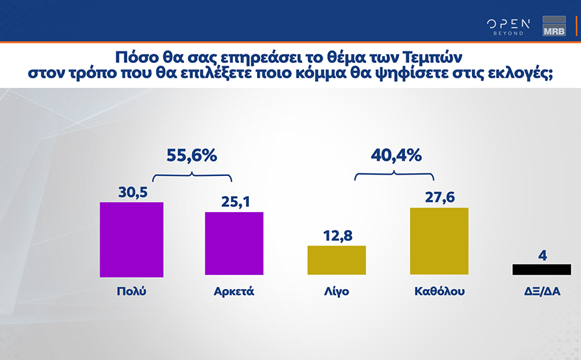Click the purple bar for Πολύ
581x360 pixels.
[x=131, y=239]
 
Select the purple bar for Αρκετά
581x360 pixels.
[x=234, y=243]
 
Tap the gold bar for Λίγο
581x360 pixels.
[x=336, y=260]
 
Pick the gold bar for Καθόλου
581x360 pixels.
[x=438, y=241]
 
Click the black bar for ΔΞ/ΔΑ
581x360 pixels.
[x=542, y=269]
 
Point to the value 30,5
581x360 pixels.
[x=131, y=192]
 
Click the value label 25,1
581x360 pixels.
[x=234, y=201]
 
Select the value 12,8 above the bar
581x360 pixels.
[x=336, y=236]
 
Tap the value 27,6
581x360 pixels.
[x=438, y=197]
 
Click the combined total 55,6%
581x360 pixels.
[x=191, y=156]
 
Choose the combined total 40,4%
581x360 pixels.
[x=395, y=156]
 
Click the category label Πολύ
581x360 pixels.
[x=131, y=292]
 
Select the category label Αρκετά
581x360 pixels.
[x=234, y=292]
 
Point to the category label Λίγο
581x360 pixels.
[x=336, y=292]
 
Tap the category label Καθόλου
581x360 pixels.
[x=438, y=292]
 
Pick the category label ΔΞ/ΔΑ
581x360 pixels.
[x=542, y=292]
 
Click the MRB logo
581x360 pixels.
[x=554, y=25]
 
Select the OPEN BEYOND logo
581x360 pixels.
[x=508, y=26]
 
